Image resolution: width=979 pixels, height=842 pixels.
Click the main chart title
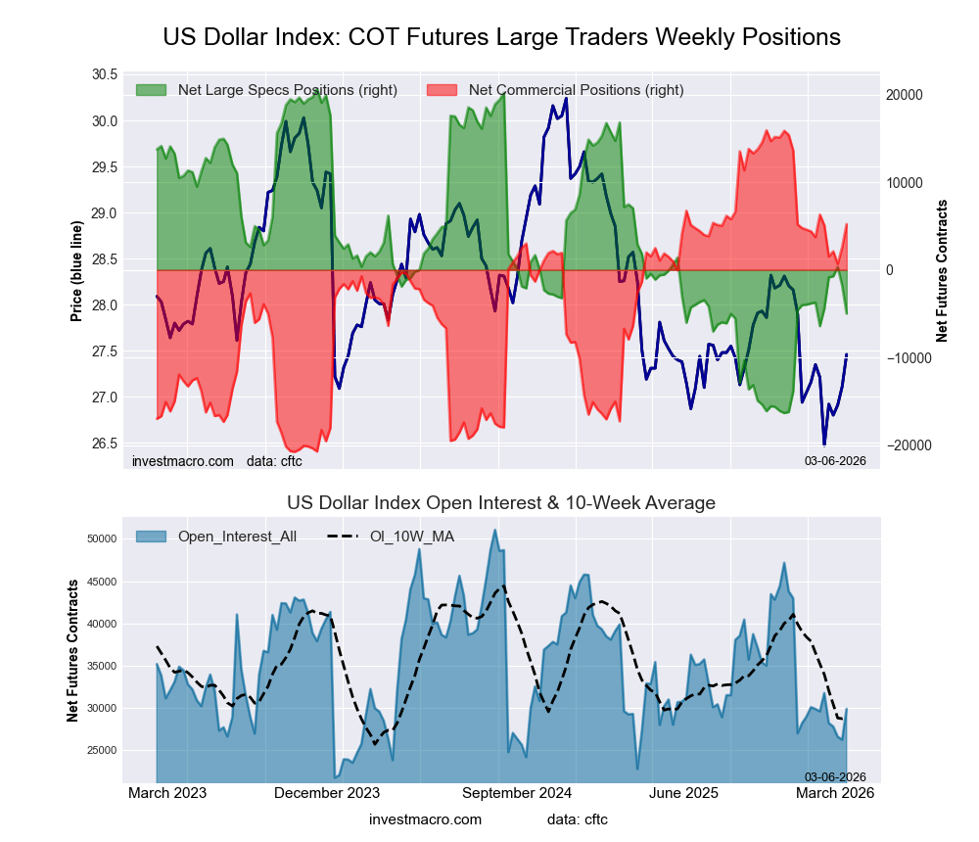pyautogui.click(x=501, y=37)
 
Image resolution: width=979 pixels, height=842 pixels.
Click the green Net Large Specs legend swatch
pyautogui.click(x=151, y=90)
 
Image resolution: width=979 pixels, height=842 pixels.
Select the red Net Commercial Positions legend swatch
pyautogui.click(x=443, y=90)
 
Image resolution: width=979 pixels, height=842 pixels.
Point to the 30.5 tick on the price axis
pyautogui.click(x=104, y=75)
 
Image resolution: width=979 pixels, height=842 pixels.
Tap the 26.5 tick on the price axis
pyautogui.click(x=104, y=444)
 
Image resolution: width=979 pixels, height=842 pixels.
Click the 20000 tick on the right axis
pyautogui.click(x=904, y=96)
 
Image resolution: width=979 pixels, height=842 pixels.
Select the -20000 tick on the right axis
pyautogui.click(x=906, y=445)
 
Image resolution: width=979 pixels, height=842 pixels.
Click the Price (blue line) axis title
pyautogui.click(x=76, y=270)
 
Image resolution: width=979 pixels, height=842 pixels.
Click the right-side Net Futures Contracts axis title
pyautogui.click(x=943, y=270)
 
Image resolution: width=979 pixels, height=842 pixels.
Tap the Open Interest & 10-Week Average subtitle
pyautogui.click(x=501, y=503)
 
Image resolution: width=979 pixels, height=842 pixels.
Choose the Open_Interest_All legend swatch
pyautogui.click(x=151, y=537)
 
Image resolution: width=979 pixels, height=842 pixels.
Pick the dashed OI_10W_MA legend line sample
pyautogui.click(x=343, y=537)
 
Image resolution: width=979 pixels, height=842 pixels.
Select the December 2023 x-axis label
pyautogui.click(x=327, y=793)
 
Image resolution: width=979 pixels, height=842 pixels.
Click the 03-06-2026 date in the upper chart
pyautogui.click(x=835, y=460)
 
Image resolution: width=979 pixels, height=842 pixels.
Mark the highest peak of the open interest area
pyautogui.click(x=495, y=531)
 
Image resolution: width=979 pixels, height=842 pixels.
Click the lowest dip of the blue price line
pyautogui.click(x=823, y=444)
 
